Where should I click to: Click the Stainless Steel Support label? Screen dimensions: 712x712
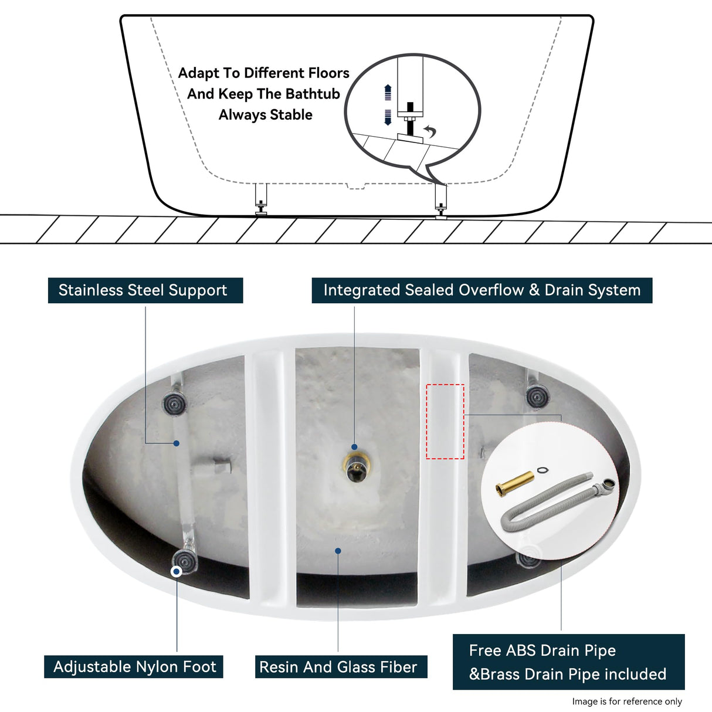(145, 290)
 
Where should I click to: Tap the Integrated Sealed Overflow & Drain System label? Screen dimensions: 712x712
(482, 290)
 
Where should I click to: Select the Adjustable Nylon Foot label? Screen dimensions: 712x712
(134, 667)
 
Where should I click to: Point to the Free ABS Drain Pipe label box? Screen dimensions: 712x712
(568, 662)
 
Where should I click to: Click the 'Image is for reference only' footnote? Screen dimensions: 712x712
(626, 701)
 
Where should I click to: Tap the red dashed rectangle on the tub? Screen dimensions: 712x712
(445, 421)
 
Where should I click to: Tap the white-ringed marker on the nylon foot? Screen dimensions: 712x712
(176, 571)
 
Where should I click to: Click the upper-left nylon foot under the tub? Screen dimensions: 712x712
(174, 403)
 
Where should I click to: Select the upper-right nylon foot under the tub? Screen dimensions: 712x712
(537, 396)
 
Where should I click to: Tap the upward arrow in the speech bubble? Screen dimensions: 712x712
(387, 92)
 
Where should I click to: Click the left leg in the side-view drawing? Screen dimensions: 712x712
(260, 199)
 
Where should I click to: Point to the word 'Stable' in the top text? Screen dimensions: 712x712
(291, 115)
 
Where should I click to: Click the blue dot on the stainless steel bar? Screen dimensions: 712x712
(176, 443)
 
